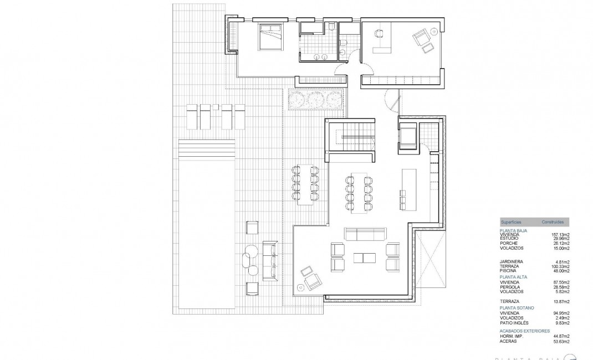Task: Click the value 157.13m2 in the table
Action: [554, 234]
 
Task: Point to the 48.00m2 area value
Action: [555, 270]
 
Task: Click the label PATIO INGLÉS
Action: [514, 322]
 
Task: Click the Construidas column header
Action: [553, 222]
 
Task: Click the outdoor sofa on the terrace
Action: [270, 260]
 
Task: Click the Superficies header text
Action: [511, 222]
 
